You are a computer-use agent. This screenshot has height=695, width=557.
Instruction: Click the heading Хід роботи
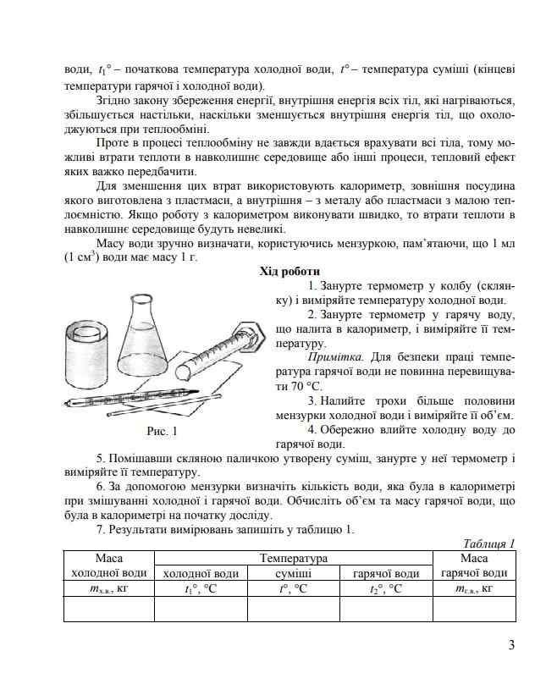tap(290, 272)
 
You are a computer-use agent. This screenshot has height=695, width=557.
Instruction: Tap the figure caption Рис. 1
tap(162, 432)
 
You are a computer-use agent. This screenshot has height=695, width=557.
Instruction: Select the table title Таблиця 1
tap(489, 543)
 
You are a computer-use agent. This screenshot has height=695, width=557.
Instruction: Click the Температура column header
tap(293, 559)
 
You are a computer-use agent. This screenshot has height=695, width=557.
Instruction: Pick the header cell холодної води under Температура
tap(201, 573)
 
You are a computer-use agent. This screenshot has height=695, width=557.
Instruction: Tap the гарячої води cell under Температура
tap(385, 573)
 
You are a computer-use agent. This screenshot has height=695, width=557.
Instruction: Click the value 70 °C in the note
tap(290, 386)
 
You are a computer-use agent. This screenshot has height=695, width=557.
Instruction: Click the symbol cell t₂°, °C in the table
tap(385, 588)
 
